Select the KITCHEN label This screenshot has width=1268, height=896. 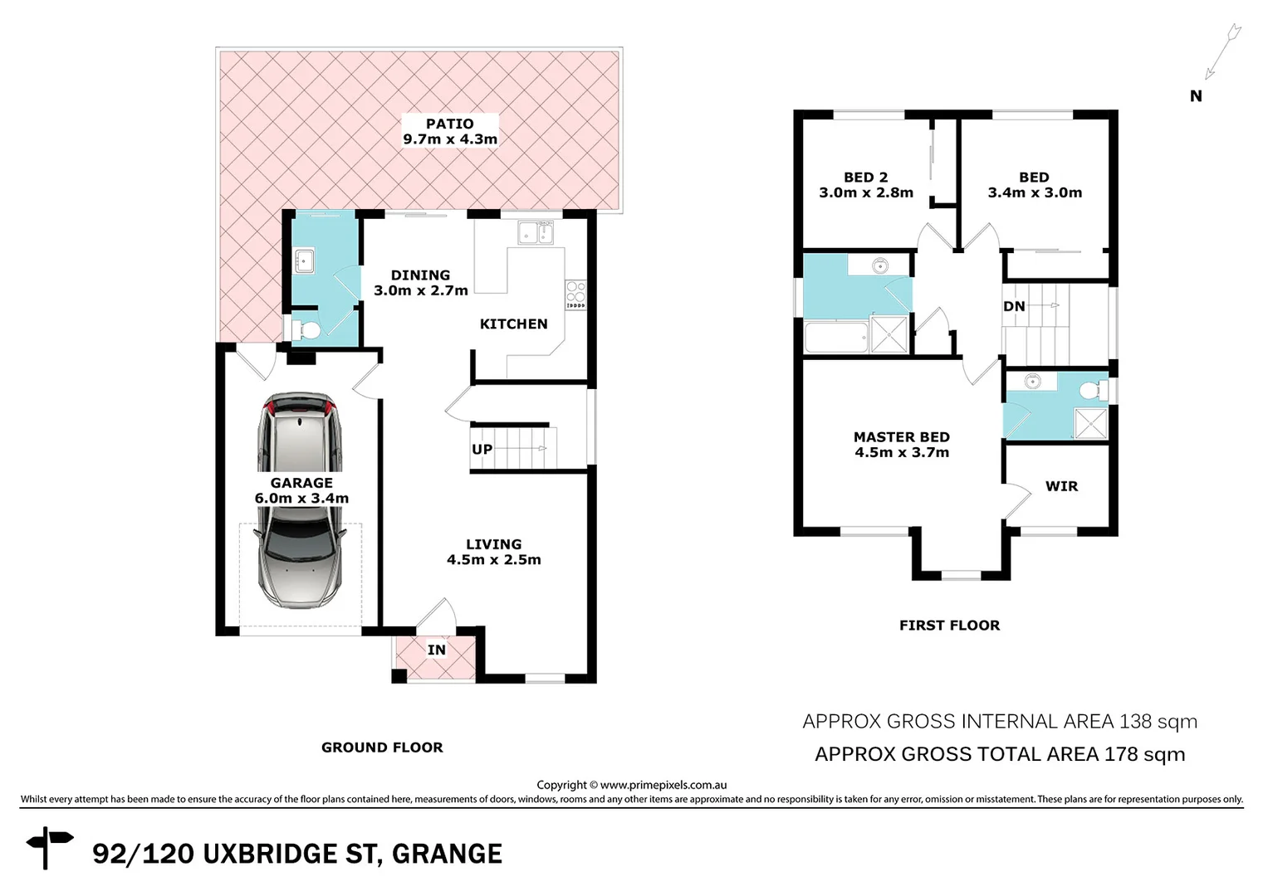[513, 324]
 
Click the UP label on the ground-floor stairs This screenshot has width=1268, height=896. [482, 450]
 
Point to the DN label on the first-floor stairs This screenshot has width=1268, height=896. [1014, 306]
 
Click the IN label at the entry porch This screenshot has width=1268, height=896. [437, 650]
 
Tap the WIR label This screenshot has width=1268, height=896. [1061, 487]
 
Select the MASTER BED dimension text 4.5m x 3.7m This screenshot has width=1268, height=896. [902, 453]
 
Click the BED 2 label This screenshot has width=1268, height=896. [865, 178]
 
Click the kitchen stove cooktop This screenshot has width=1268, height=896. [575, 293]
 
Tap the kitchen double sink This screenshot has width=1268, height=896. [536, 233]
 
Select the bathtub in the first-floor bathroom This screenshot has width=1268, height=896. [836, 338]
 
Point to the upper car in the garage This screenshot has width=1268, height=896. [299, 436]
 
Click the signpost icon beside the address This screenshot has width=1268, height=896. [49, 847]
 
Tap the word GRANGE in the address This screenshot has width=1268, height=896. [447, 854]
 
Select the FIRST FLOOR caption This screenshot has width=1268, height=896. [949, 626]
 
